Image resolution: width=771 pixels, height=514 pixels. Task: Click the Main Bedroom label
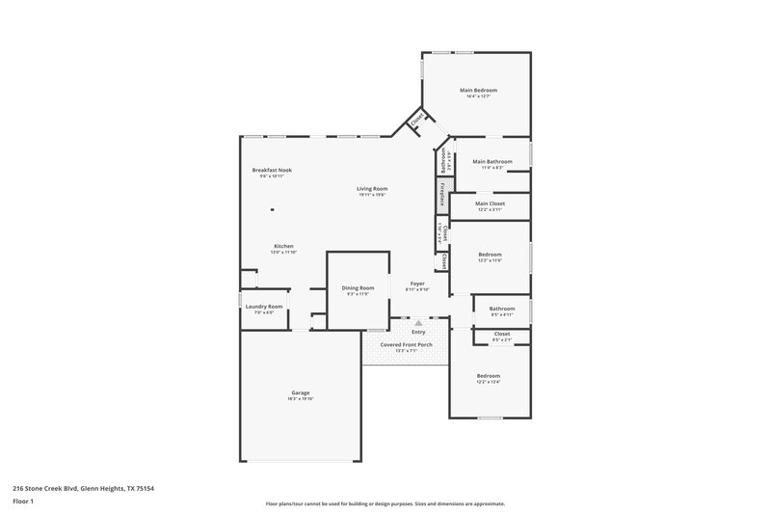478,90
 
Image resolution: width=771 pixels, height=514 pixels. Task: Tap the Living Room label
372,189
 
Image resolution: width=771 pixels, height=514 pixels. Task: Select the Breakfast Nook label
272,170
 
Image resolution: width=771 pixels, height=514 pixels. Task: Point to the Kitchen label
283,246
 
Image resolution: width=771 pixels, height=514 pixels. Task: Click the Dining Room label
359,288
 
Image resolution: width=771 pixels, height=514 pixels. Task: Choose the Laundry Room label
263,307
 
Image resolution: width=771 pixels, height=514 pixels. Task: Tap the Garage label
301,392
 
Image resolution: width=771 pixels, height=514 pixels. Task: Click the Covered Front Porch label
406,344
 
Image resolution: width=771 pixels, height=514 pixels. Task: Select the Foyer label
417,284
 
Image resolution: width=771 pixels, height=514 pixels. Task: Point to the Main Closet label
490,203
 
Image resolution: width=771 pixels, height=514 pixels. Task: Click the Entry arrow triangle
418,322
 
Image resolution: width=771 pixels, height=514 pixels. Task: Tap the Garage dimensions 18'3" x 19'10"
301,398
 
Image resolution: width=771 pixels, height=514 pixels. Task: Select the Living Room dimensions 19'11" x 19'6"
372,195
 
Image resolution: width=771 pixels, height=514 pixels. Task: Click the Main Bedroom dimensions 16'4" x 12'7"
478,95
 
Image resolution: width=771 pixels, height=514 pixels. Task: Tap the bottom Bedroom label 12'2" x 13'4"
489,375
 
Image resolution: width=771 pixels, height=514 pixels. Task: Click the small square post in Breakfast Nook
273,209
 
